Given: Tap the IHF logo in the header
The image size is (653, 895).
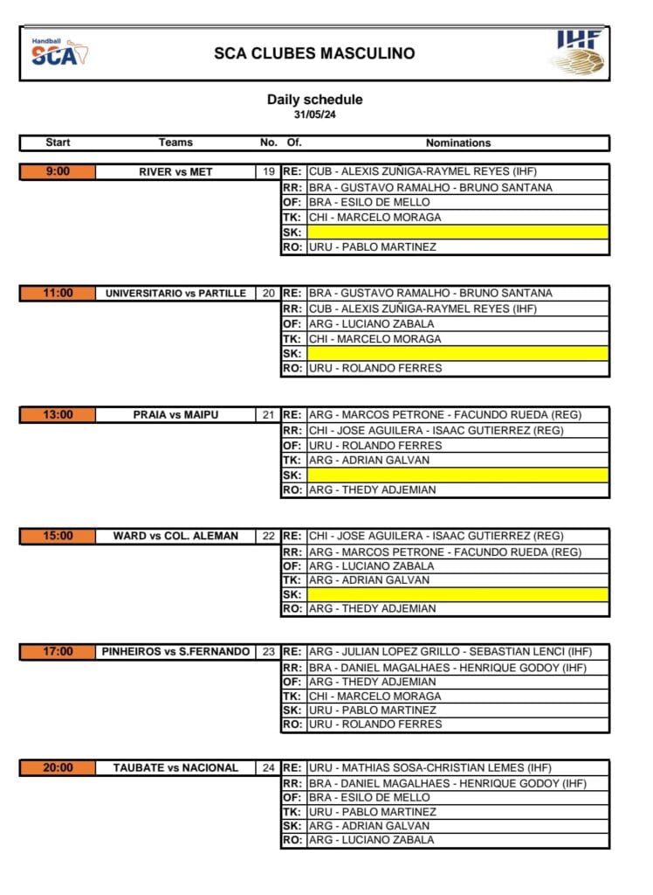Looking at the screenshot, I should pos(578,52).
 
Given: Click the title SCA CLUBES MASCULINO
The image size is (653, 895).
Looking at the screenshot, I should pos(314,53).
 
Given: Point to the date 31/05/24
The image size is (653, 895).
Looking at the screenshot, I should pos(314,114).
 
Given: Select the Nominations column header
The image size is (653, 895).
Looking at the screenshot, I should pos(458,142).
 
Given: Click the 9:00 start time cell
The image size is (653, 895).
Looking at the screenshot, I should pos(58,172).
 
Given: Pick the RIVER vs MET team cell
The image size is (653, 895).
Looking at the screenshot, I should pos(175,172).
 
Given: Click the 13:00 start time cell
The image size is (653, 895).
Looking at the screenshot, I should pos(58,415).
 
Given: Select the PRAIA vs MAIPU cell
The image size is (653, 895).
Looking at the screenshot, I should pos(175,415).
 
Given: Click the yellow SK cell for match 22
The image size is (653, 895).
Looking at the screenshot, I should pos(457,594).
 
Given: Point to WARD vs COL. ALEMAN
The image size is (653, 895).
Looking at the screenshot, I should pos(175,537).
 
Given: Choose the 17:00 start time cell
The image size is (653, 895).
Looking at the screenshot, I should pos(58,652).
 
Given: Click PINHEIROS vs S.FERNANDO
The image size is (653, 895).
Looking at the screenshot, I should pos(175,652).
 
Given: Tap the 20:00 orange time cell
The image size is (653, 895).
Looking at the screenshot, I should pos(58,768).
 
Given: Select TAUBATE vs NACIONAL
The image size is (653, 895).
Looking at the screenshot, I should pos(175,768).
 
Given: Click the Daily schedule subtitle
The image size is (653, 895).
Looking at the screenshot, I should pos(314,100).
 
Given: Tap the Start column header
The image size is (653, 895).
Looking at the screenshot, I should pos(58,142).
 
